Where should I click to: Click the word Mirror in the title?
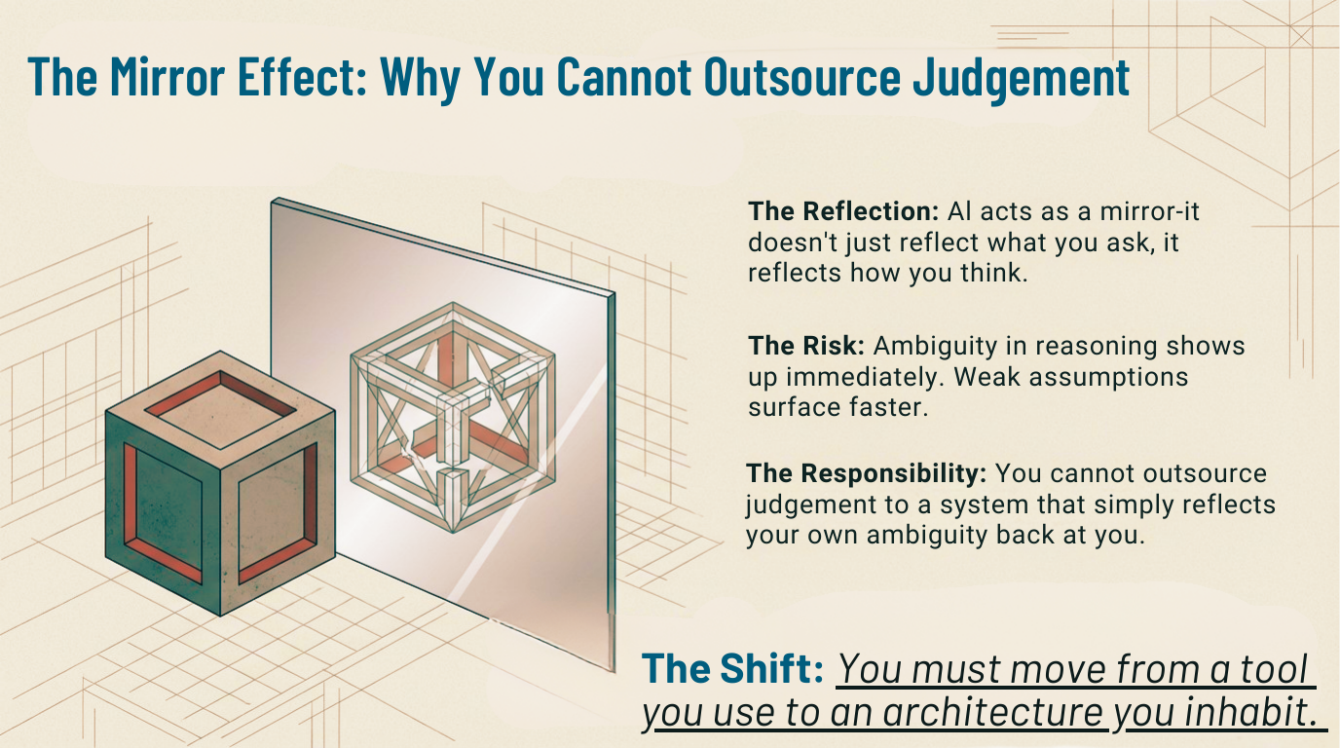167,76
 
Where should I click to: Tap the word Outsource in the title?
802,76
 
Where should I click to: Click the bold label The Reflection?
843,211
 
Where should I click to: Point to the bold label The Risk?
806,346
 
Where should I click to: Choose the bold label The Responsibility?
866,473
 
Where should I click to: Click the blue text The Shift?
732,668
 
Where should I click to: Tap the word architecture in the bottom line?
992,711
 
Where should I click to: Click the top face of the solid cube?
220,410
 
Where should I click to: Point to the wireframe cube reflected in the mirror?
453,417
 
